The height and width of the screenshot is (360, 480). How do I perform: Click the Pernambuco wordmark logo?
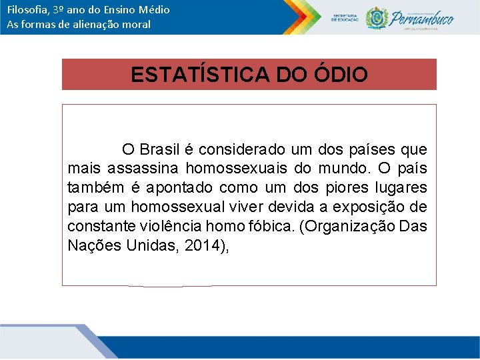pyautogui.click(x=421, y=17)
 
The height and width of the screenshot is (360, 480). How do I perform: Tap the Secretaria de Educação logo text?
pyautogui.click(x=344, y=17)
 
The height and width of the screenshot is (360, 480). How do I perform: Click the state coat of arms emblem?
pyautogui.click(x=376, y=17)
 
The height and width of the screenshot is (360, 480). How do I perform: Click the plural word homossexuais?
pyautogui.click(x=236, y=168)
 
